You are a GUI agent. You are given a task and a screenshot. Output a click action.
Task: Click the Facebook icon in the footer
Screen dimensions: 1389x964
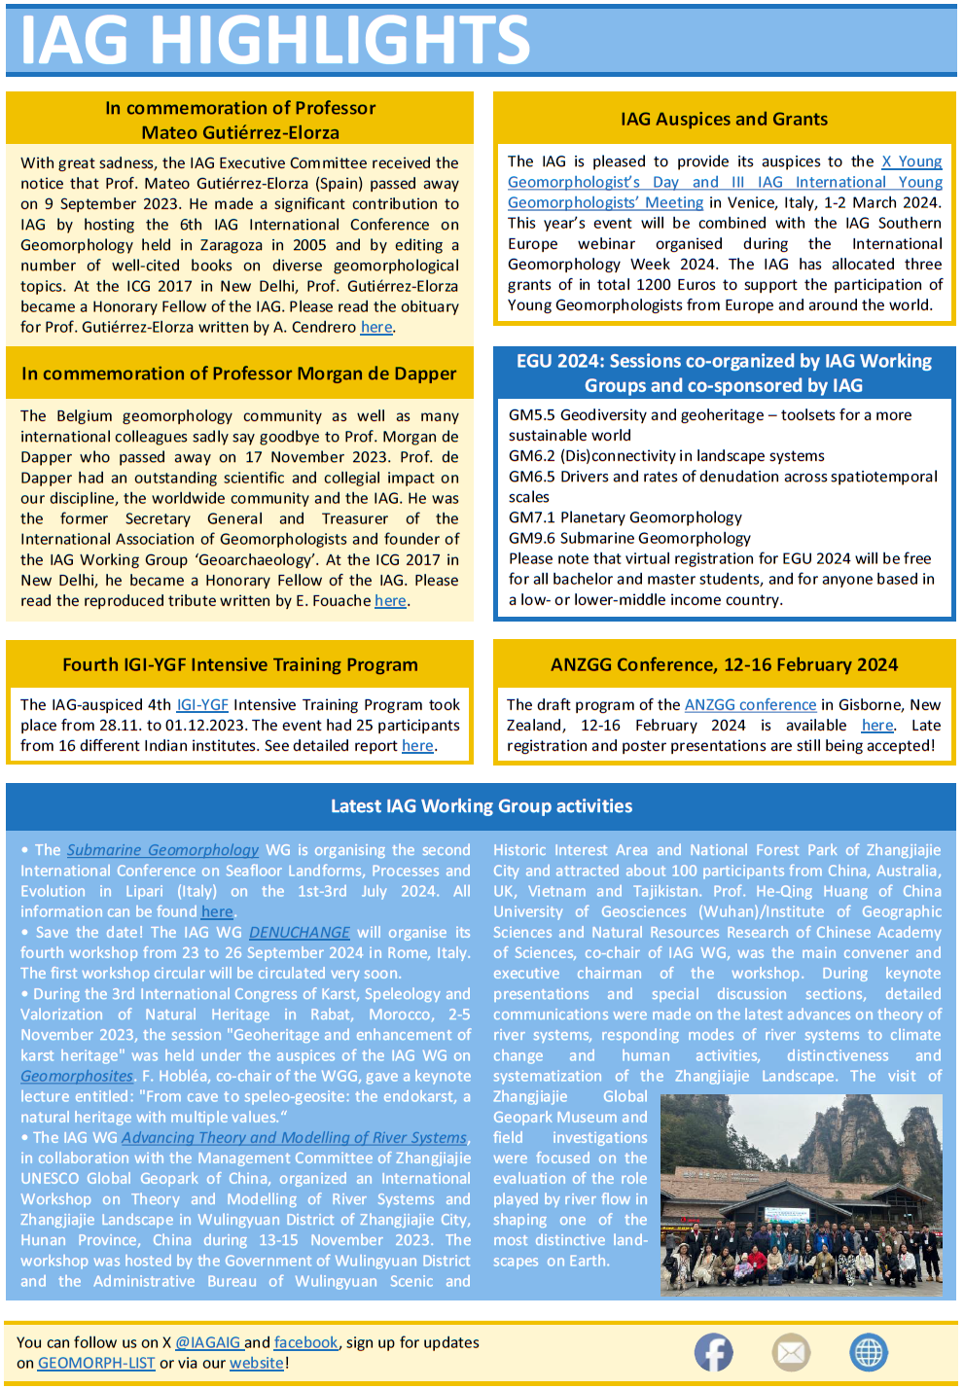(713, 1352)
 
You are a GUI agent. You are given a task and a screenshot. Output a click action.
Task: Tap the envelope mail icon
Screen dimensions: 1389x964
(791, 1352)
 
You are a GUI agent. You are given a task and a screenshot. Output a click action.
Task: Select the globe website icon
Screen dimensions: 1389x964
(868, 1352)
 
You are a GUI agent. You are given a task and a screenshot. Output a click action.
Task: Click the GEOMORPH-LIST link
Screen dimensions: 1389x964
(96, 1363)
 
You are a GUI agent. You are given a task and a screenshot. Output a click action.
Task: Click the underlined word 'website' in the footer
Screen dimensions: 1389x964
(257, 1363)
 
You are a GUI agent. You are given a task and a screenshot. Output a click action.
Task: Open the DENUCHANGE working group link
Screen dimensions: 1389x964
(300, 932)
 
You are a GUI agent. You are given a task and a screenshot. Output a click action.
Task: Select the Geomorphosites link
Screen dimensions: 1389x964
(77, 1076)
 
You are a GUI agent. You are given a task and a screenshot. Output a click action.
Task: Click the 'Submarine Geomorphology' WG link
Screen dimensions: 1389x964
(162, 850)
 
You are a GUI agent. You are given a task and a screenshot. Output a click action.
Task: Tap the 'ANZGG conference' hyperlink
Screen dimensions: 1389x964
(750, 704)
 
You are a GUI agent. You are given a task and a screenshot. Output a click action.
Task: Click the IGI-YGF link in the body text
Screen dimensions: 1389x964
(202, 704)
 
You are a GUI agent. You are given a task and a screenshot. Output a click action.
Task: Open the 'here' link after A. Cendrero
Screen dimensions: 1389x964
(376, 327)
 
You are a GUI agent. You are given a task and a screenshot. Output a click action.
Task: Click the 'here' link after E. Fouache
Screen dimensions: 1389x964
(390, 601)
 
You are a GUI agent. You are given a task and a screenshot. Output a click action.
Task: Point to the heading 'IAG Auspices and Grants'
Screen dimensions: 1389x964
(724, 119)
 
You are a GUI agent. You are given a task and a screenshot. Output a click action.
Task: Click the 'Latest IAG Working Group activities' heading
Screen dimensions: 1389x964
(482, 805)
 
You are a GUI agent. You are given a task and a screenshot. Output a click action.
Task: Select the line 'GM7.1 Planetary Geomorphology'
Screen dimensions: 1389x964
(625, 517)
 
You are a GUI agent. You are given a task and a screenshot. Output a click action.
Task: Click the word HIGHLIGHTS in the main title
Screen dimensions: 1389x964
(339, 41)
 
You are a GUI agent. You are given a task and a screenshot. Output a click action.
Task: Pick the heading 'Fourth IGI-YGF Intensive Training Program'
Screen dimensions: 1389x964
(240, 664)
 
